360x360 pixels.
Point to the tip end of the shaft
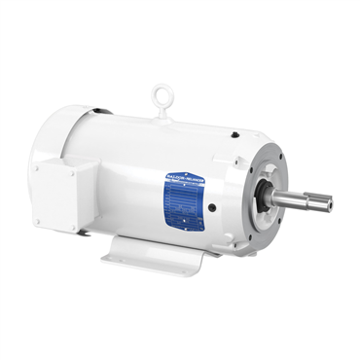pos(330,204)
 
